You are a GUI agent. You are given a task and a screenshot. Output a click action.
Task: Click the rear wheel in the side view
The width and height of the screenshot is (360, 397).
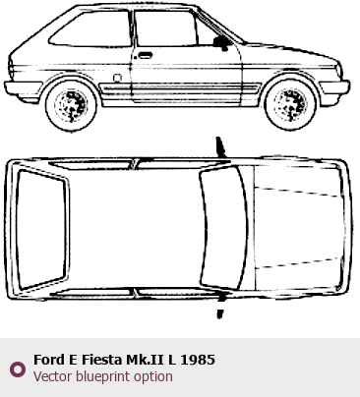(72, 105)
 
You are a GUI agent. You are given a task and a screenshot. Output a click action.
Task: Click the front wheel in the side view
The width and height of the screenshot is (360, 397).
(290, 104)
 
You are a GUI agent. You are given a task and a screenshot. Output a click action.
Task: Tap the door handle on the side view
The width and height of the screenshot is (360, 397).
(145, 55)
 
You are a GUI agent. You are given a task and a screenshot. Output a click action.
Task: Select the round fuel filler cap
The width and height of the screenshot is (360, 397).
(117, 78)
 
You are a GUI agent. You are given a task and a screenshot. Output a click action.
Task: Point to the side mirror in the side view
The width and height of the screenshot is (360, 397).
(221, 43)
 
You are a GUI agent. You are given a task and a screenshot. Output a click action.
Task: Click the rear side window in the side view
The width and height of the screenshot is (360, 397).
(91, 28)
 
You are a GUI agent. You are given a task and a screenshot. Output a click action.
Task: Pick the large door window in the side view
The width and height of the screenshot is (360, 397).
(165, 28)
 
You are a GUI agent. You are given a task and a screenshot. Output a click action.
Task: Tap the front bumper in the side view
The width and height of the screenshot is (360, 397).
(334, 87)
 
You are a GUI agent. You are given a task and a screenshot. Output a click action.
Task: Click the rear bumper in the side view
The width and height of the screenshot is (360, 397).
(23, 88)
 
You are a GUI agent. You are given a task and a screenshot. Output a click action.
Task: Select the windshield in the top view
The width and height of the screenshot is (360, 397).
(223, 228)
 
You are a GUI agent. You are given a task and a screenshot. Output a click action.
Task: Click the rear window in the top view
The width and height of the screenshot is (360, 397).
(42, 229)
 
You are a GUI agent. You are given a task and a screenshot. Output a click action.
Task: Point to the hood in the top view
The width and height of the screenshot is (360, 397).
(298, 228)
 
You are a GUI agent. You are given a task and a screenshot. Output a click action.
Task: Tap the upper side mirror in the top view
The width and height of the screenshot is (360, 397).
(220, 146)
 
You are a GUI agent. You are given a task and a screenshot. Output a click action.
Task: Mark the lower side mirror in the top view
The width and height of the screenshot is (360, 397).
(220, 305)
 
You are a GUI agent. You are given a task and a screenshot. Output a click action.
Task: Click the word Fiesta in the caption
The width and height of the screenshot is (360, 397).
(101, 360)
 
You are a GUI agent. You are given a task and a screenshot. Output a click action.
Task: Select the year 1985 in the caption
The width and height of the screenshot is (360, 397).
(198, 360)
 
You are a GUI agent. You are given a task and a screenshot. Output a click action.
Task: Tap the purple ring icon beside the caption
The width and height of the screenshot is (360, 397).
(18, 369)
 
